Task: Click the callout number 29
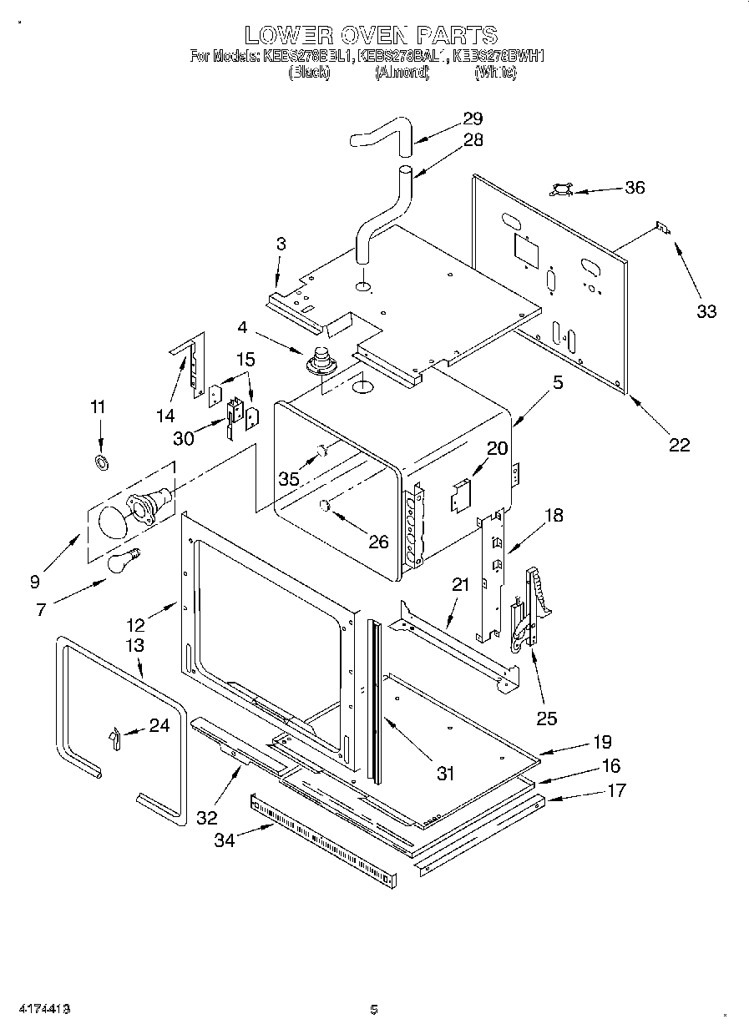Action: [x=473, y=119]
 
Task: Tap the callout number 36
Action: [x=635, y=188]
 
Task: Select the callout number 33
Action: [x=706, y=311]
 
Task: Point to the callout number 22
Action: [x=680, y=445]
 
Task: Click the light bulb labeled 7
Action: [x=122, y=561]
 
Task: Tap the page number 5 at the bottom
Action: [x=374, y=1010]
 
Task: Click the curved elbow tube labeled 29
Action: [x=381, y=135]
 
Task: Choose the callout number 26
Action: [x=378, y=542]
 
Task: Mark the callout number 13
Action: [x=134, y=645]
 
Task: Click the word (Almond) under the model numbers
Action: [x=402, y=73]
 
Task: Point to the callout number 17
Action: [x=615, y=790]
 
